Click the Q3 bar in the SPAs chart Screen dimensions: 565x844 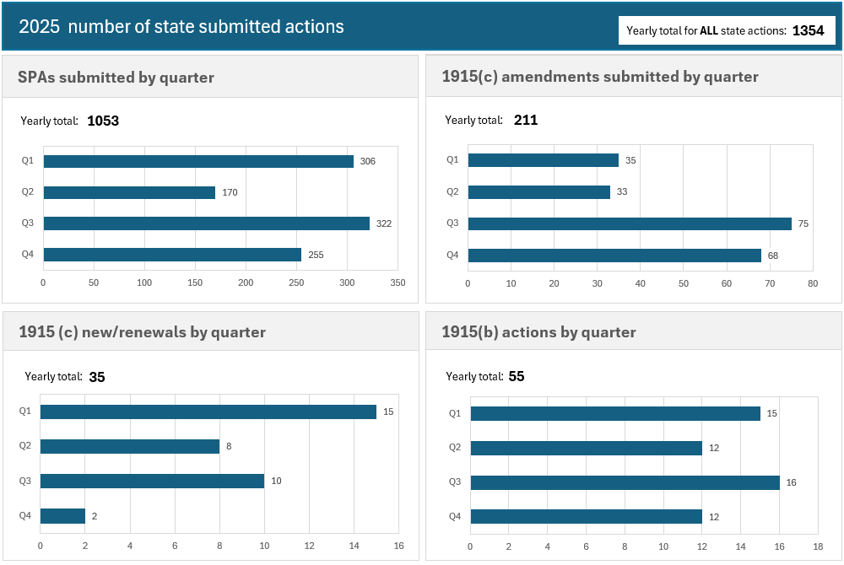pos(207,223)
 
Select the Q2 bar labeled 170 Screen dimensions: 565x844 pos(129,192)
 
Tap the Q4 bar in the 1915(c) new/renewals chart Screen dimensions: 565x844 pos(62,515)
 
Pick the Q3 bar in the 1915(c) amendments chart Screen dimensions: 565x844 pos(630,223)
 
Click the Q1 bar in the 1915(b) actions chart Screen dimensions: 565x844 pos(615,413)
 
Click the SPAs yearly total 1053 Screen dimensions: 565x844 pos(103,121)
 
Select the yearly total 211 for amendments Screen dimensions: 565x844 pos(526,120)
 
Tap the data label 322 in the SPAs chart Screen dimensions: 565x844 pos(383,223)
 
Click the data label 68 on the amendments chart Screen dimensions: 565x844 pos(773,256)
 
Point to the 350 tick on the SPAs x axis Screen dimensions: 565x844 pos(398,283)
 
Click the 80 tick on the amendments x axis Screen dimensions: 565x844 pos(813,283)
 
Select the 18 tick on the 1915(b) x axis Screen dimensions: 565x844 pos(818,546)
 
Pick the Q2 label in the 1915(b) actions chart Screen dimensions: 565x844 pos(454,448)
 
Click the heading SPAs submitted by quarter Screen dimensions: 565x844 pos(116,78)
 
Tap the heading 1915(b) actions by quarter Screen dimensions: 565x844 pos(538,332)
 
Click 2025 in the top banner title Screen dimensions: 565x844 pos(39,26)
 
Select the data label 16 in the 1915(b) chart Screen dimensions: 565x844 pos(791,482)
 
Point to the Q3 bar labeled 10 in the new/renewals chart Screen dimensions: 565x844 pos(152,481)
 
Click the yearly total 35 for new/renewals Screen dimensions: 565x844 pos(97,377)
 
